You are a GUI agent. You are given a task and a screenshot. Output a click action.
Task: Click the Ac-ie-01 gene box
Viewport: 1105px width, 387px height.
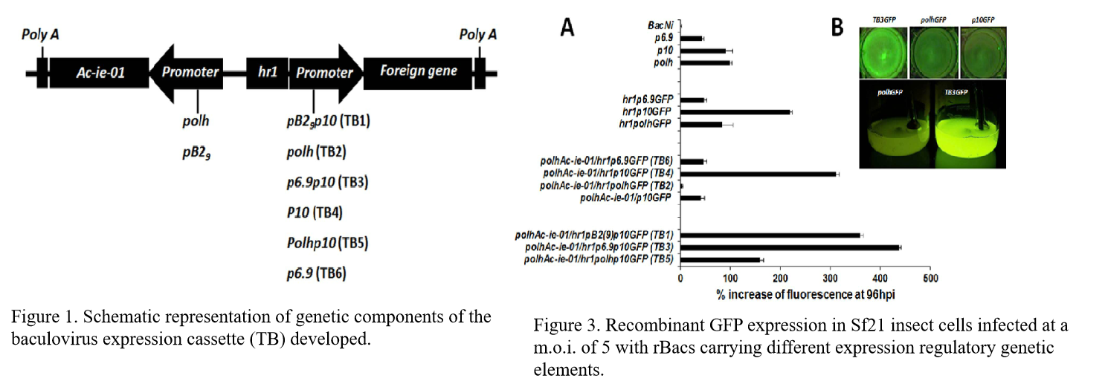pos(100,72)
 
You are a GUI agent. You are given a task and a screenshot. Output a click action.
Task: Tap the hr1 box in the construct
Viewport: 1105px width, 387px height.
pos(267,72)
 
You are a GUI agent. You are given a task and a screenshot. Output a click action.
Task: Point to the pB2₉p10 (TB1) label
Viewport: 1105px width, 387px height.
pos(329,121)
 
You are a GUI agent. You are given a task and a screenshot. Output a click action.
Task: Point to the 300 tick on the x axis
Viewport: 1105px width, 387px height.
pos(831,278)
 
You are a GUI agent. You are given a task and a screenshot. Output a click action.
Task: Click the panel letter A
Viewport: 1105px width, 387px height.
pos(567,28)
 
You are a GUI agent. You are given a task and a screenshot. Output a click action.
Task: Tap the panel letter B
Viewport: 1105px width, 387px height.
pos(837,28)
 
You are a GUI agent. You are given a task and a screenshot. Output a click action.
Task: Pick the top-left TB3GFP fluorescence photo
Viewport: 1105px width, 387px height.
pos(883,51)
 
